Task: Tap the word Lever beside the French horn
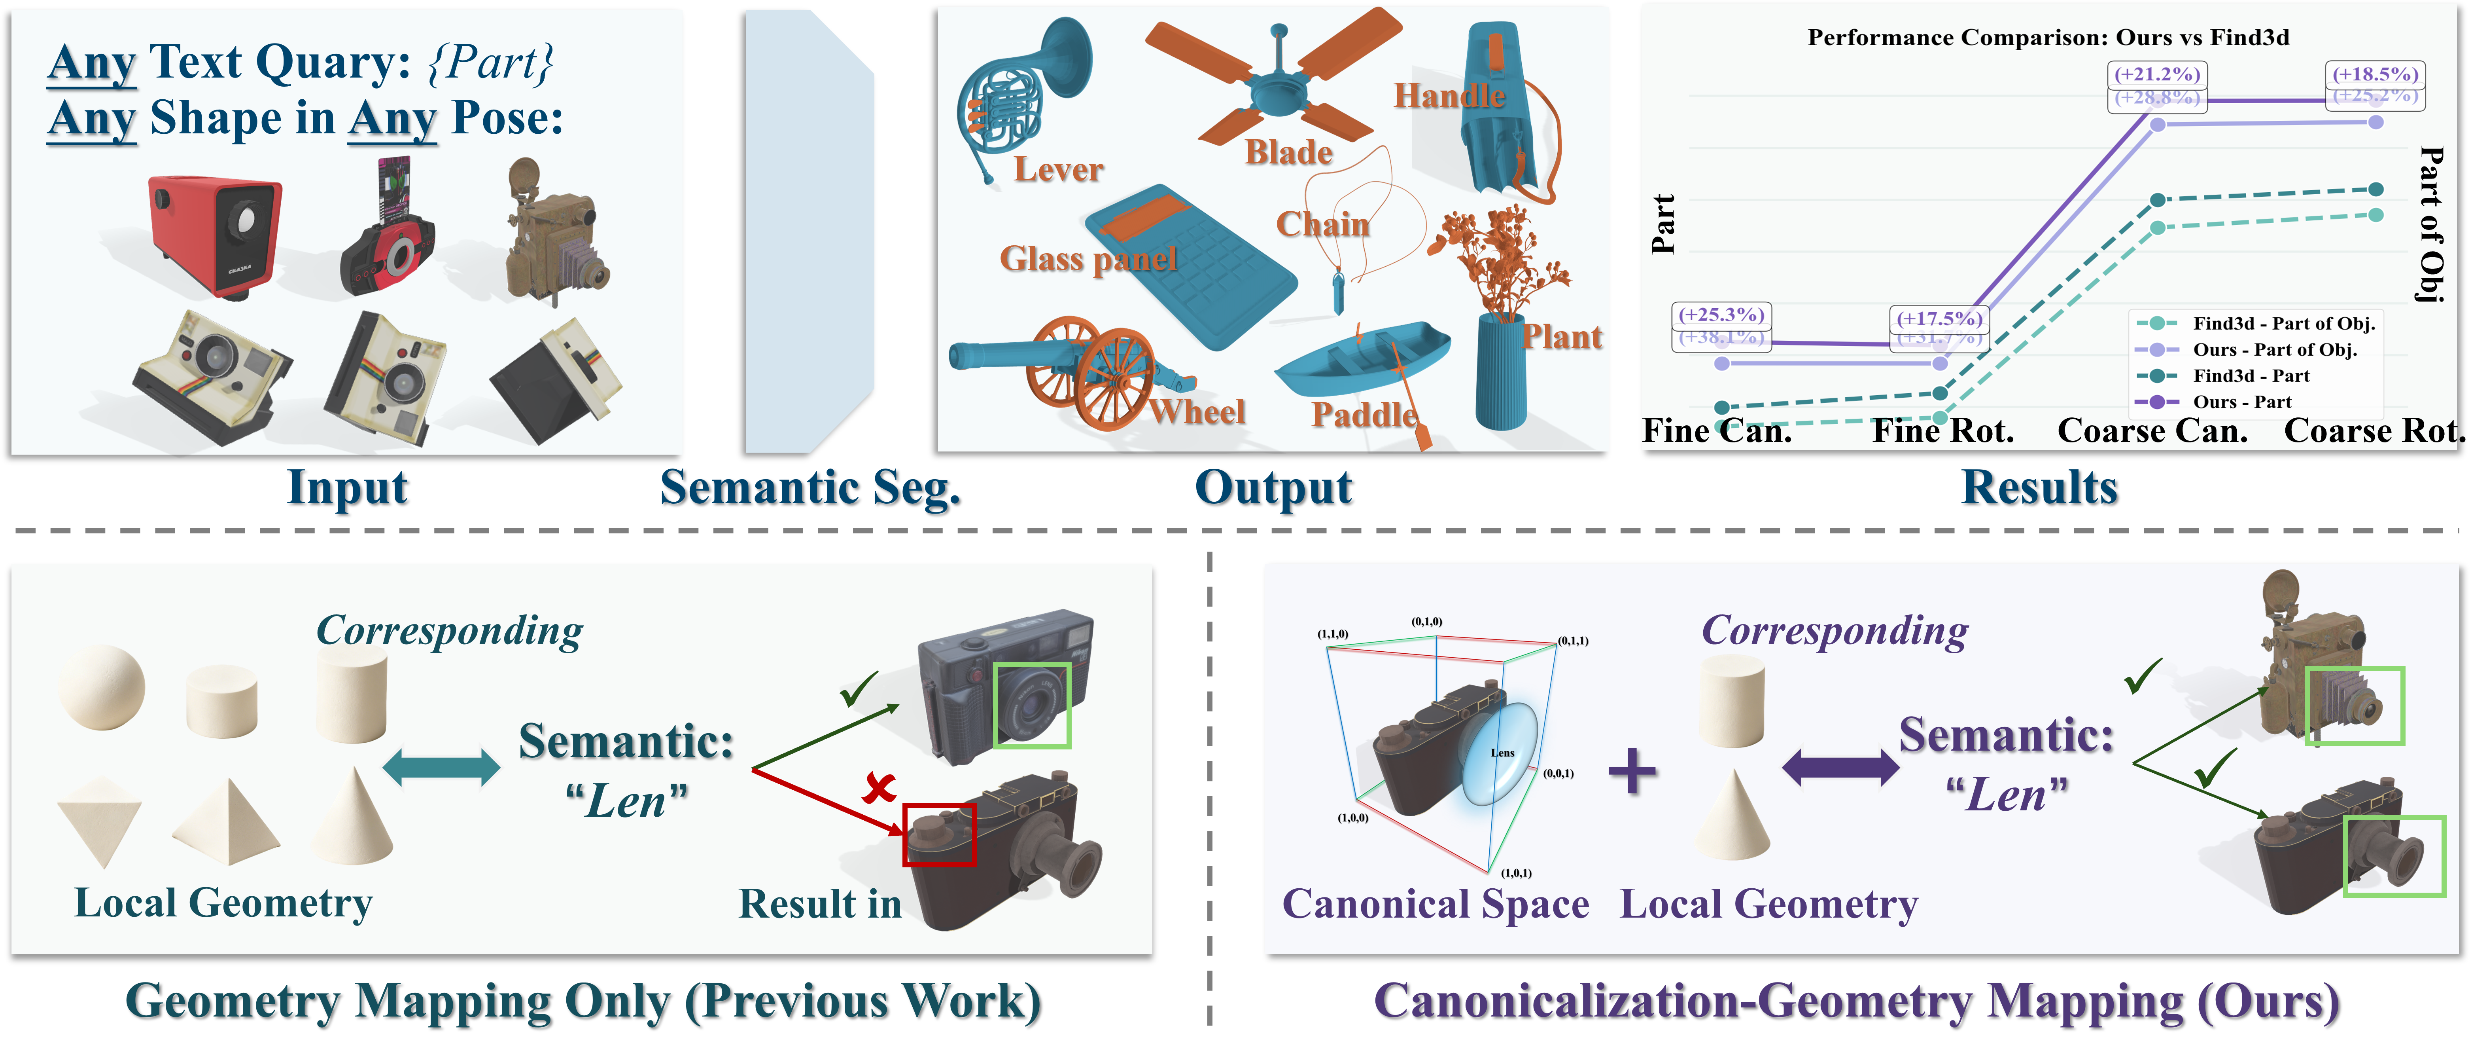(1058, 170)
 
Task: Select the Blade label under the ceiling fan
(1288, 153)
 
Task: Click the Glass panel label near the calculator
(1088, 259)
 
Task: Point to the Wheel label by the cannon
(1197, 413)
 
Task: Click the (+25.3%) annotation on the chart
(1721, 315)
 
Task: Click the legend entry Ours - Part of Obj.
(2273, 350)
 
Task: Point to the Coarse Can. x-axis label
(2152, 431)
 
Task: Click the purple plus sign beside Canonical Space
(1632, 771)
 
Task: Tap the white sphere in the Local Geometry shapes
(102, 687)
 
